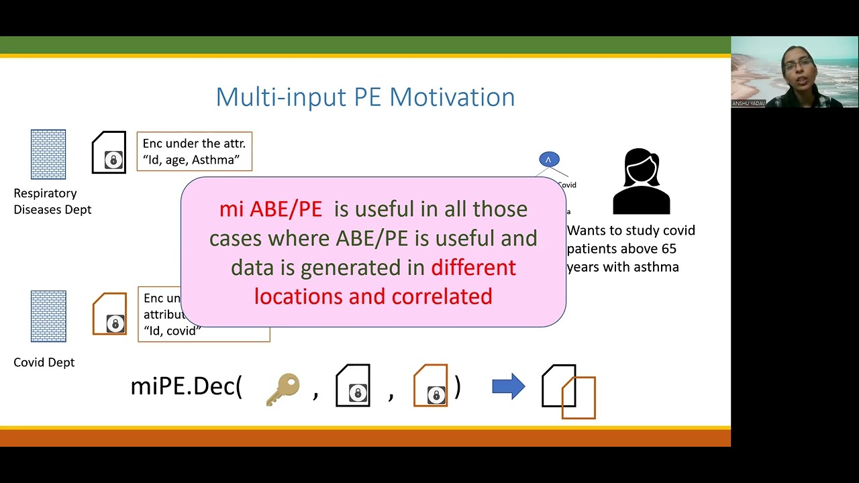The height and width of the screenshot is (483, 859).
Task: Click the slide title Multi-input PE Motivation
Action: pyautogui.click(x=365, y=97)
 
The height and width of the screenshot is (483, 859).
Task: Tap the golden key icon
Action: pyautogui.click(x=283, y=389)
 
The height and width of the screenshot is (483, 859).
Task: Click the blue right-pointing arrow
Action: pyautogui.click(x=508, y=387)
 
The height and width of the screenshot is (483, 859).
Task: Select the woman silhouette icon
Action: pyautogui.click(x=641, y=181)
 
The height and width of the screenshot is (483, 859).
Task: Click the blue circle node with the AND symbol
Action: pyautogui.click(x=549, y=160)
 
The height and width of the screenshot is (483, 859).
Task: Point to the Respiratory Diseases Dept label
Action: pyautogui.click(x=52, y=201)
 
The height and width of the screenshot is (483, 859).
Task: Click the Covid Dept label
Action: pyautogui.click(x=44, y=362)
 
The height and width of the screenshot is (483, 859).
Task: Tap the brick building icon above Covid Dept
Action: pyautogui.click(x=48, y=316)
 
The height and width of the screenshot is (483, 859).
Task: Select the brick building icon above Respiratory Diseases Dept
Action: pyautogui.click(x=48, y=154)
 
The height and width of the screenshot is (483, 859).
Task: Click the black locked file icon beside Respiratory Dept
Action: pyautogui.click(x=109, y=153)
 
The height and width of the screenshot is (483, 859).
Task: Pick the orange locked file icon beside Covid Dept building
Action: pyautogui.click(x=109, y=314)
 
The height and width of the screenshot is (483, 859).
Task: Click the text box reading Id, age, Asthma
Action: pyautogui.click(x=194, y=152)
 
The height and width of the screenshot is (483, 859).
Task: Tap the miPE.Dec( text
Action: pyautogui.click(x=186, y=386)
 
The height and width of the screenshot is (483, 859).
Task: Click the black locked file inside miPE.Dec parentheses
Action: pyautogui.click(x=353, y=386)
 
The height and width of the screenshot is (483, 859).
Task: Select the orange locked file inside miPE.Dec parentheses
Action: pyautogui.click(x=431, y=386)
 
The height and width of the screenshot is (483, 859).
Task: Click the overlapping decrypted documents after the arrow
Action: pyautogui.click(x=568, y=392)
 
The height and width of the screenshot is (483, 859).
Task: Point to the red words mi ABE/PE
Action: pyautogui.click(x=270, y=209)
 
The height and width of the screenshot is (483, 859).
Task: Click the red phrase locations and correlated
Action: pyautogui.click(x=373, y=296)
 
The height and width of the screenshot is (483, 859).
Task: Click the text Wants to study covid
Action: pyautogui.click(x=631, y=230)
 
